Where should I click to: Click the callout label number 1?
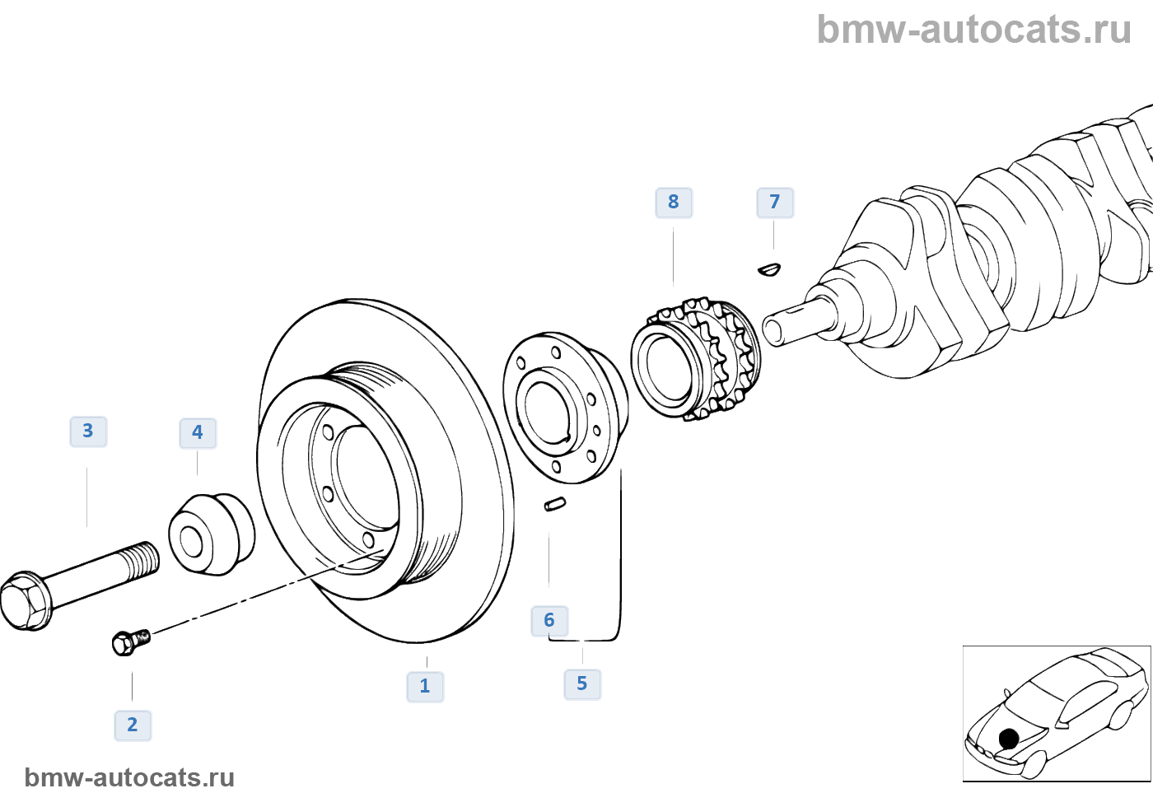425,686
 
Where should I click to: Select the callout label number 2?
133,725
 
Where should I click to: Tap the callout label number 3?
88,431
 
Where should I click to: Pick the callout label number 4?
198,433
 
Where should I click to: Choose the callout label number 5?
582,684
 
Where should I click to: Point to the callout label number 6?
549,621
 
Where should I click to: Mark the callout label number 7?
775,203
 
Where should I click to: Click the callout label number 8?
674,203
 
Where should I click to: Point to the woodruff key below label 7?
769,268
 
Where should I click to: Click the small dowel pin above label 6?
555,504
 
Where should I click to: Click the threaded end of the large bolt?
145,559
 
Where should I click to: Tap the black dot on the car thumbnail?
1009,739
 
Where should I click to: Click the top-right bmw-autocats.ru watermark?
973,30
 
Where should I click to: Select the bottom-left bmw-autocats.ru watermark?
129,777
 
